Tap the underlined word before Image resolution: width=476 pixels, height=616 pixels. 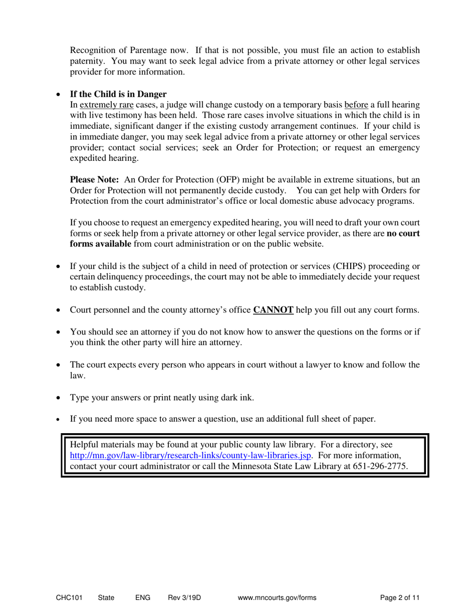356,105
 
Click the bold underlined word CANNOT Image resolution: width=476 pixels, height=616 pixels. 274,310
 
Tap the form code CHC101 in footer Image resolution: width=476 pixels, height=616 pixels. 69,597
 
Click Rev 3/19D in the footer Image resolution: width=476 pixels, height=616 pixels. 184,597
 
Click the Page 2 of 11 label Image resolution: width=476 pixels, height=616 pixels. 399,597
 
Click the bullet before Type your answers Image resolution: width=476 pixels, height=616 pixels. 59,399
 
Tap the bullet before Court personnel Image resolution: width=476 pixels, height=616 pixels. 59,311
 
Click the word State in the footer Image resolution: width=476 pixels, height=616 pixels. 106,597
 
